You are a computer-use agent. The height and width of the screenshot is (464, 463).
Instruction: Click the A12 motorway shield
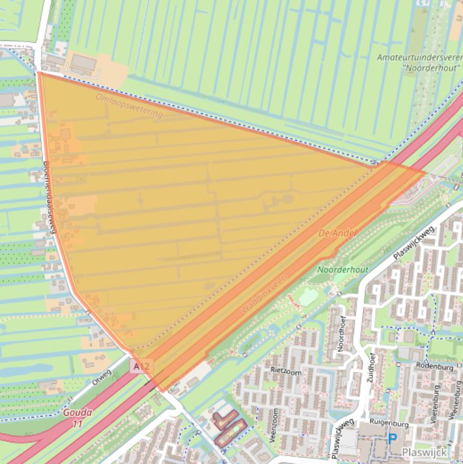(x=142, y=366)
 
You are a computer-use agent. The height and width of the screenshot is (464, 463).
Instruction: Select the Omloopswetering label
(x=129, y=105)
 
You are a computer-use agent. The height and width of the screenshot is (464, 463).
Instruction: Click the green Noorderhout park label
(x=343, y=269)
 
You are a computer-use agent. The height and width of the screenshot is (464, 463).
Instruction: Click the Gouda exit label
(x=78, y=413)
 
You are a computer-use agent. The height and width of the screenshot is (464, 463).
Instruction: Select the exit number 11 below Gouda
(x=77, y=424)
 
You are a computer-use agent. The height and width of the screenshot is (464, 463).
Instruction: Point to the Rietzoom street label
(x=285, y=369)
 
